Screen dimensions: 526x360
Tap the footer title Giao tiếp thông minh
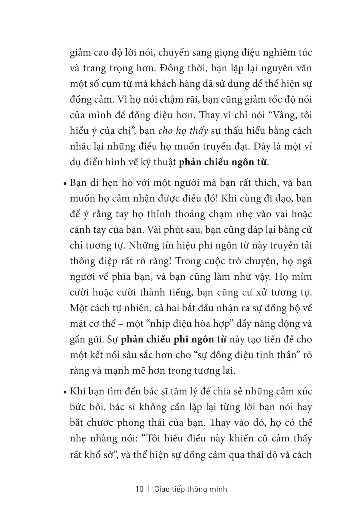point(191,489)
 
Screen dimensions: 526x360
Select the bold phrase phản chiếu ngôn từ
point(223,162)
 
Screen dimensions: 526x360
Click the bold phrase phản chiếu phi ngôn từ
point(174,339)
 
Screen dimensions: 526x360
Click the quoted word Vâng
point(270,115)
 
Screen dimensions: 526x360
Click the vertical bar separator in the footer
point(149,489)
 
